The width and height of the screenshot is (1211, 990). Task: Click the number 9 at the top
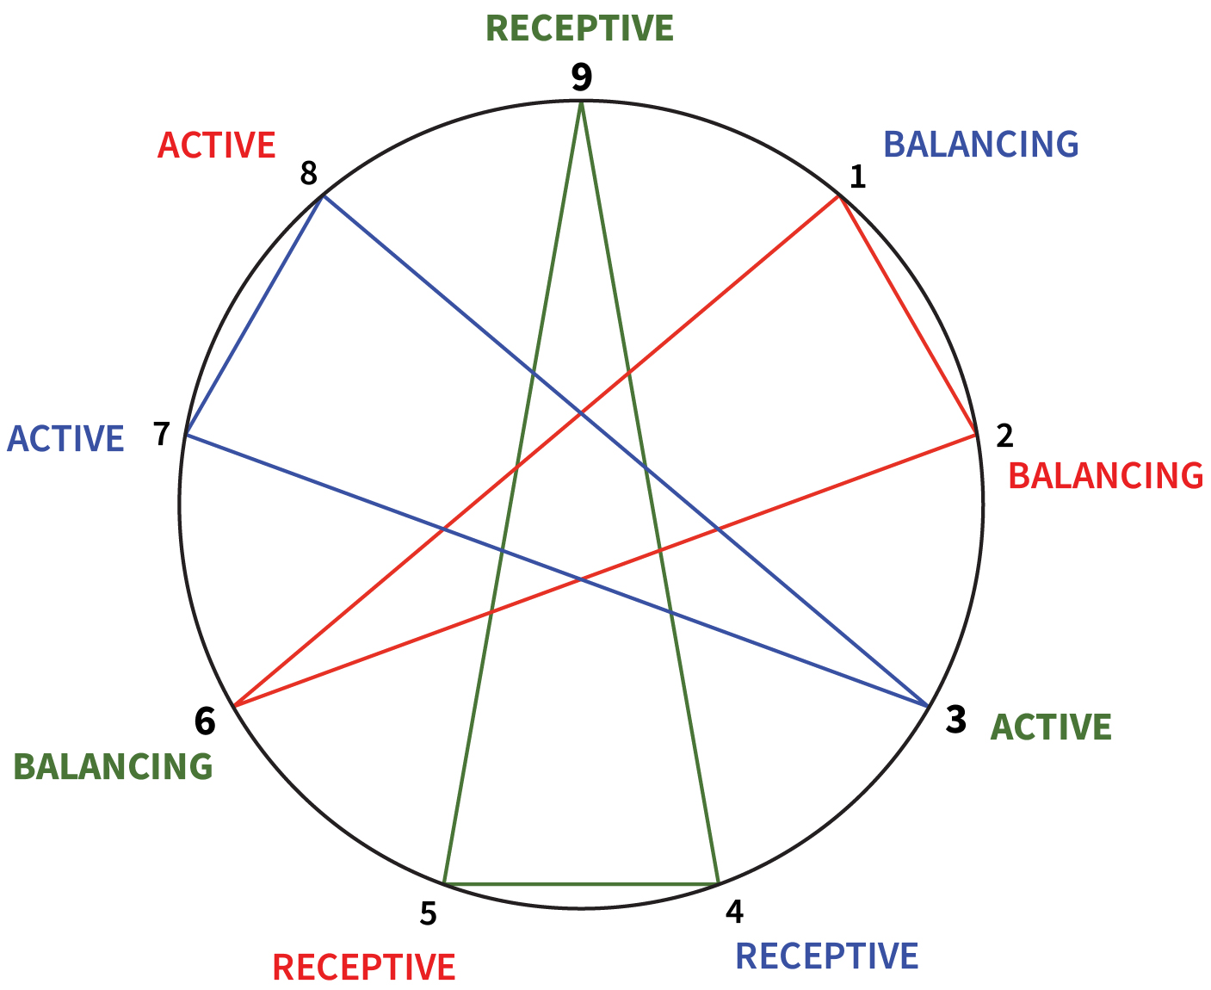click(x=582, y=77)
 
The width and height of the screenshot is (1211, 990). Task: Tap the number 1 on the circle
click(x=857, y=177)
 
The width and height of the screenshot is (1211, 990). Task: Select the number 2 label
click(x=1004, y=436)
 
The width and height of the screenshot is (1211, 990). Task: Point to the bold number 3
click(x=955, y=720)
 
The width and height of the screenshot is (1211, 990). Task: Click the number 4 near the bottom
click(x=733, y=911)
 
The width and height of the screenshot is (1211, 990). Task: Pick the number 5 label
click(x=429, y=913)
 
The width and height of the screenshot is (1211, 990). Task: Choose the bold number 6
click(x=205, y=721)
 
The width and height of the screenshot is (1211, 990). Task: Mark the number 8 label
click(x=309, y=175)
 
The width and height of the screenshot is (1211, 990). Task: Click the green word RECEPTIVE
click(x=579, y=28)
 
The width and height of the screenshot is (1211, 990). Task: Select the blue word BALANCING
click(x=981, y=145)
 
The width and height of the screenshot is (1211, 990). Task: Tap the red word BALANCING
click(x=1105, y=476)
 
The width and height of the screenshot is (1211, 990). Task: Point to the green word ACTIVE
click(x=1051, y=727)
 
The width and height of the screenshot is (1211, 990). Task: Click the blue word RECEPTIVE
click(x=827, y=956)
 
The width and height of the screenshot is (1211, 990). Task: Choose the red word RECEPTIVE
click(x=364, y=968)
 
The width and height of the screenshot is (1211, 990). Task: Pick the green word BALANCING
click(x=113, y=766)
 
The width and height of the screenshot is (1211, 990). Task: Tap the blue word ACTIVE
click(x=65, y=439)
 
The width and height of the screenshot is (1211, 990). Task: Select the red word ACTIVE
click(x=216, y=145)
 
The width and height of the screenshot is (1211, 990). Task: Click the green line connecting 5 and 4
click(x=581, y=883)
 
